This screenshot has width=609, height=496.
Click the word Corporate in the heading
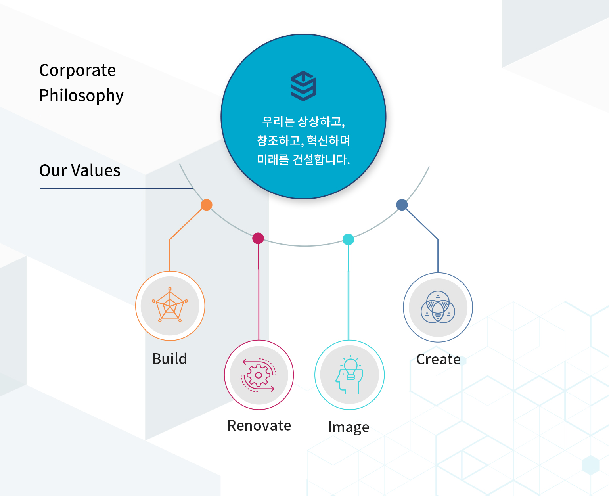77,70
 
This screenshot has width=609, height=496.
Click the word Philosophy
82,96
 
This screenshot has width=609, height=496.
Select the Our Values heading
80,170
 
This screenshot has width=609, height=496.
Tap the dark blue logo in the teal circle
303,86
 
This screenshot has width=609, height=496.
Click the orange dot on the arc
207,205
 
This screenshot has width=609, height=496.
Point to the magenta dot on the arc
258,238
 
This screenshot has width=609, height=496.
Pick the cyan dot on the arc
348,239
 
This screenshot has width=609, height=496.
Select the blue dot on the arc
402,205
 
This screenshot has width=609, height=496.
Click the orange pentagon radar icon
170,305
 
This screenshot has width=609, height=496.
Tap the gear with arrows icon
259,375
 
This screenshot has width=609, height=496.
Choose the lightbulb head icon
349,375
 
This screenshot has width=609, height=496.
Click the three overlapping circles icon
438,307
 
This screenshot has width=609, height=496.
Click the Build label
170,359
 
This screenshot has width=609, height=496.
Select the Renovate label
259,426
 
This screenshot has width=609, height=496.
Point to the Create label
438,359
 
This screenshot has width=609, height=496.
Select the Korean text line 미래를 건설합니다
303,159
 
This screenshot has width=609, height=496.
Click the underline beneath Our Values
116,189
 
